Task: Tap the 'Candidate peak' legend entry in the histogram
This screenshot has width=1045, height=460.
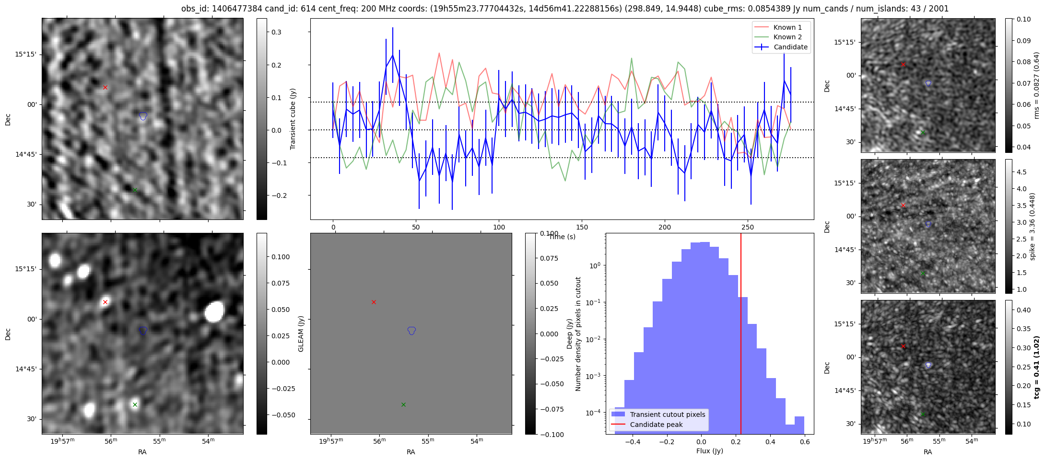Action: (656, 425)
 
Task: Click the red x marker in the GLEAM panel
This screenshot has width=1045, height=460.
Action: (374, 302)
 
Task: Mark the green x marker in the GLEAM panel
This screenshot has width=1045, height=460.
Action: (403, 405)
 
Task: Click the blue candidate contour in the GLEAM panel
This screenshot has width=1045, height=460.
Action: (411, 330)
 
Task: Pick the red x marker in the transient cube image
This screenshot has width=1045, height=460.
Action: (105, 88)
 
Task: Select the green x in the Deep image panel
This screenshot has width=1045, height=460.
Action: (135, 405)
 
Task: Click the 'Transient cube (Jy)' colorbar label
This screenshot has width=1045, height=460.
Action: (293, 119)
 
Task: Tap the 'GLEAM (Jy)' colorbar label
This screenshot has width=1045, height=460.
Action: (301, 333)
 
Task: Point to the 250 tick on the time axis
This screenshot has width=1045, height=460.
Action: (748, 228)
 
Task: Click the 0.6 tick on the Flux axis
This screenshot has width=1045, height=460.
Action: (805, 442)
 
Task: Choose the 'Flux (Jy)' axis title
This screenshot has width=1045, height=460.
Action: (709, 451)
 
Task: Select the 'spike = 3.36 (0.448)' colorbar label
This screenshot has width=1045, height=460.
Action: (1033, 226)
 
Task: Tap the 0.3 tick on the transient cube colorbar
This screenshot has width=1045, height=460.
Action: (276, 33)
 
